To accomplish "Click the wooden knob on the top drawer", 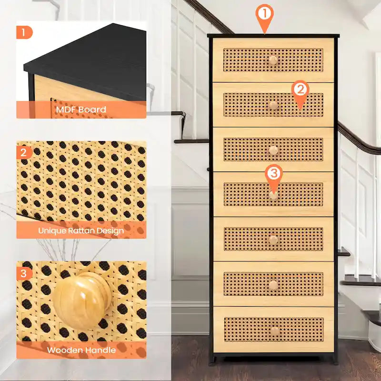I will [273, 60].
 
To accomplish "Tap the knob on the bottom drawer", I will [275, 331].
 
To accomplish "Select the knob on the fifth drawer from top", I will [273, 240].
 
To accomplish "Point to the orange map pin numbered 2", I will [300, 91].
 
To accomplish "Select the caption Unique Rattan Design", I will [81, 231].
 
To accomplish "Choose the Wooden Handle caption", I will [81, 350].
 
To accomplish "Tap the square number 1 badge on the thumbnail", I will [24, 33].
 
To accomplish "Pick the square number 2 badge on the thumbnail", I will [24, 152].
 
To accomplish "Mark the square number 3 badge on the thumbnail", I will [24, 273].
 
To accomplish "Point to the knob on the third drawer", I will [273, 150].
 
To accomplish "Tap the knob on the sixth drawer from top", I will [273, 285].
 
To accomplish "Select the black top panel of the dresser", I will [273, 36].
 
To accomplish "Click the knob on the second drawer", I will [273, 105].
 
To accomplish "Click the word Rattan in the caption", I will [80, 231].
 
